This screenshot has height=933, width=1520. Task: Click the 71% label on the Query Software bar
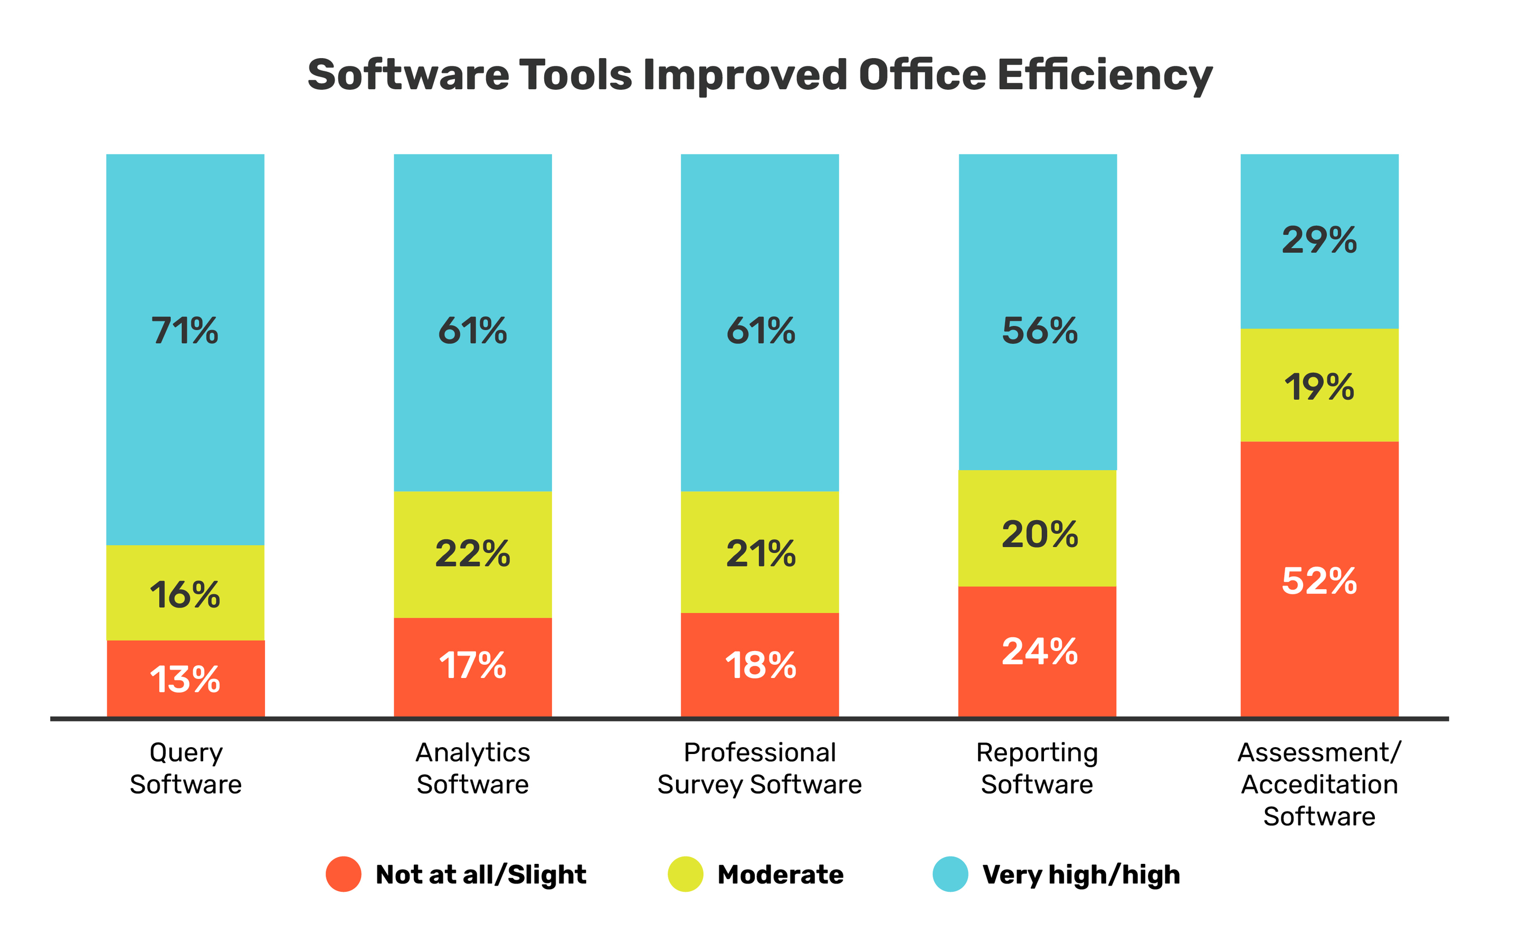pos(185,332)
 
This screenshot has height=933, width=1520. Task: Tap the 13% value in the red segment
pos(185,680)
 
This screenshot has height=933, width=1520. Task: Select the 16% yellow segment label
pos(185,596)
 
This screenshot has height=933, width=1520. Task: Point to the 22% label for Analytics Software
pos(473,553)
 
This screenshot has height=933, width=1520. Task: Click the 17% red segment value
pos(473,666)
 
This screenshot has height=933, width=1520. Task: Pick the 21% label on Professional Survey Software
pos(761,553)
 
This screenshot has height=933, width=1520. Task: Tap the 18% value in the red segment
pos(761,666)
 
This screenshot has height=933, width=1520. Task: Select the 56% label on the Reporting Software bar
pos(1040,332)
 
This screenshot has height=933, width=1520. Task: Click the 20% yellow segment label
pos(1040,534)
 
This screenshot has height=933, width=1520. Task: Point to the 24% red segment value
pos(1040,652)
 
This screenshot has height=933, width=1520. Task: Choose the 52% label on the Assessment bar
pos(1319,581)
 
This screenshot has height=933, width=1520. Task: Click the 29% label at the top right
pos(1319,240)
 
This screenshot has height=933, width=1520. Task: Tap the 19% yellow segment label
pos(1319,388)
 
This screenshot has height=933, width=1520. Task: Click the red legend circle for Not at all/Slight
pos(344,874)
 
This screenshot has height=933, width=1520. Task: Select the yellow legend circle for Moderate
pos(686,874)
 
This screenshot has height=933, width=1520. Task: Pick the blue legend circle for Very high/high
pos(951,874)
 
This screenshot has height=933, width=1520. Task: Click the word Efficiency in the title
pos(1104,76)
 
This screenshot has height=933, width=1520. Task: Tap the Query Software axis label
pos(186,768)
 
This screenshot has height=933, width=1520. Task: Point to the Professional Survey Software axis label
pos(759,768)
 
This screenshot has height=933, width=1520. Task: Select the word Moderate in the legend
pos(781,875)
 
